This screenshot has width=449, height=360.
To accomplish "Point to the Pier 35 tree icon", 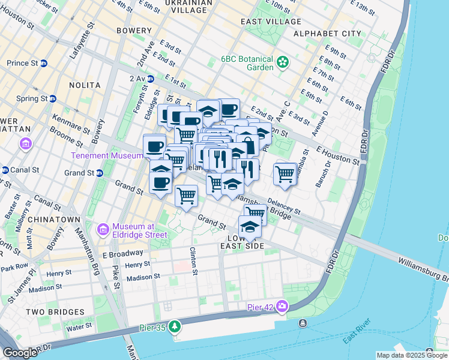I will tap(174, 326).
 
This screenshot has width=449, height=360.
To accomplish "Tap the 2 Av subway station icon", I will tap(151, 79).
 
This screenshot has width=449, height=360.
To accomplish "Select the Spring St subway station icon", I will tap(53, 98).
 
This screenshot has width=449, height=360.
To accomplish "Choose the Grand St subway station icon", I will tap(100, 173).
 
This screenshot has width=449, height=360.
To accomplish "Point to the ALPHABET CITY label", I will tap(327, 34).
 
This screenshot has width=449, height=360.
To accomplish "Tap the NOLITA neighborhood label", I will tap(84, 85).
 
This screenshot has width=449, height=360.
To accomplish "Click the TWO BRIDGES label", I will tap(55, 312).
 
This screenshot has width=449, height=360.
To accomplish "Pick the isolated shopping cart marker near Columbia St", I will tap(285, 175).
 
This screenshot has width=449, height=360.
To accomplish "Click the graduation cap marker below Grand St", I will tap(250, 227).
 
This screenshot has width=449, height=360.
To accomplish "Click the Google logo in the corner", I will tap(20, 353).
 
